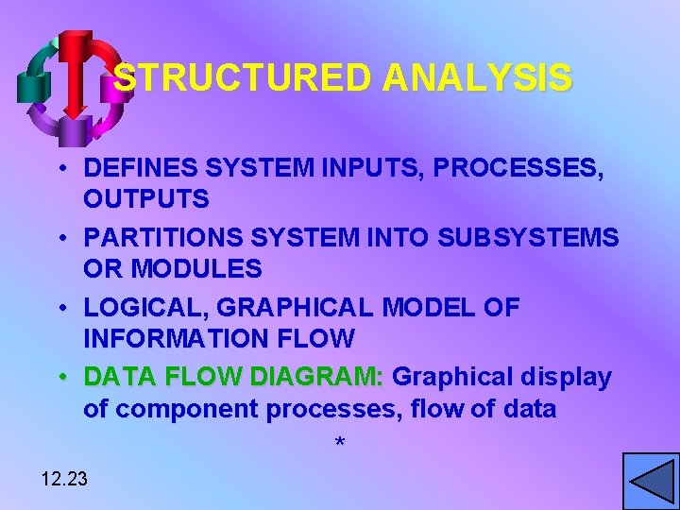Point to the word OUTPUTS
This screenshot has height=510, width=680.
(x=146, y=199)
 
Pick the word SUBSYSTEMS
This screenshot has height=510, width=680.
(x=530, y=238)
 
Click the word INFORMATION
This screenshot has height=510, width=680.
(x=166, y=337)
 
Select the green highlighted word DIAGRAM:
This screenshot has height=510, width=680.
(x=317, y=377)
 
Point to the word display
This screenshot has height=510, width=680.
(x=565, y=377)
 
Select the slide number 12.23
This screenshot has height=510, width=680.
(x=64, y=479)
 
